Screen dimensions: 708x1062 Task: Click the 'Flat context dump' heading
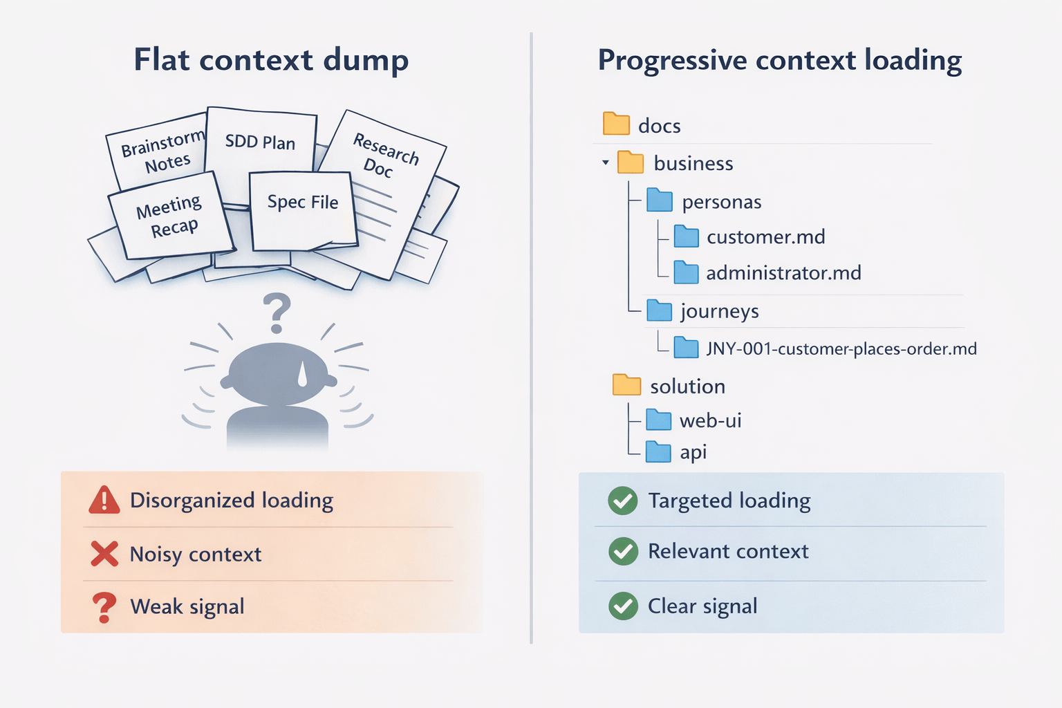[271, 60]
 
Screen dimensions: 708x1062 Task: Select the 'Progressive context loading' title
[779, 60]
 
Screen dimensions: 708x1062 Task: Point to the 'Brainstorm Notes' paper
[160, 153]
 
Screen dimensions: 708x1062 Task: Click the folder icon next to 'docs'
[616, 124]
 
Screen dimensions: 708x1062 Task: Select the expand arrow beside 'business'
[606, 163]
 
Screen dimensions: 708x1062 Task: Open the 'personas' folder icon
[660, 201]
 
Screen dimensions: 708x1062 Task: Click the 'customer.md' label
[766, 237]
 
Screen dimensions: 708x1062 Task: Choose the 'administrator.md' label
[783, 273]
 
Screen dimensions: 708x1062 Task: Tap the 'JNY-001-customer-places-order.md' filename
[841, 348]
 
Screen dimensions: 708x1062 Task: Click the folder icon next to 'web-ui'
[658, 420]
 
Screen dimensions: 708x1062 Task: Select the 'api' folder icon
[658, 451]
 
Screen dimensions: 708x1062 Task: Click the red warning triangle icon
[104, 500]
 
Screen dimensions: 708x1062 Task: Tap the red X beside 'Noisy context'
[104, 554]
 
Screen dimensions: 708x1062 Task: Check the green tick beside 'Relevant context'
[623, 551]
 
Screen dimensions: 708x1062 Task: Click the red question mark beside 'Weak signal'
[104, 607]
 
